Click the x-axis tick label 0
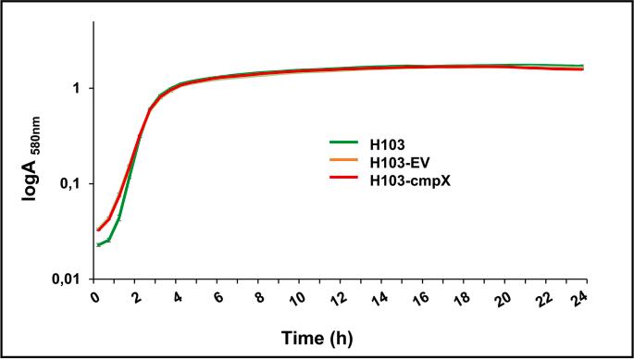click(x=95, y=297)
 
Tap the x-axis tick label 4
click(x=177, y=297)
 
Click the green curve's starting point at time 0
click(x=97, y=244)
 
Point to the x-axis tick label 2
click(x=136, y=297)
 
